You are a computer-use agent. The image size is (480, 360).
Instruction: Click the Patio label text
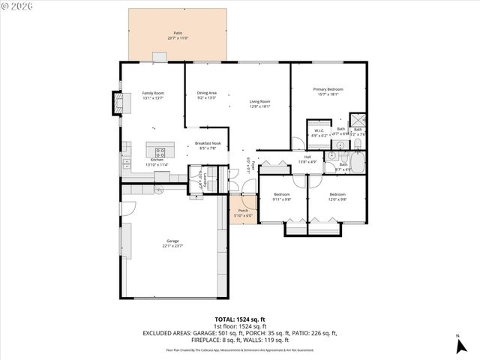(178, 34)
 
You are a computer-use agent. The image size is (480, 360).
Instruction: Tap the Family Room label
(153, 93)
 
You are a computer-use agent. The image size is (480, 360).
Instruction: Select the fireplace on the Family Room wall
(117, 102)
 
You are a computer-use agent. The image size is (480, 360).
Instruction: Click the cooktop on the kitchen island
(159, 151)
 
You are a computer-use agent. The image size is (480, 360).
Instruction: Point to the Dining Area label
(206, 93)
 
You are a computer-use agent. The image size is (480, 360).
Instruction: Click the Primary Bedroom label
(328, 89)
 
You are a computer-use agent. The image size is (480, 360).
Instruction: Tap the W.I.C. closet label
(318, 130)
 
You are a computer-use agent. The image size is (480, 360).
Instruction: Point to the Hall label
(307, 157)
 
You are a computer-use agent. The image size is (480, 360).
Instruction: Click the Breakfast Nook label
(207, 143)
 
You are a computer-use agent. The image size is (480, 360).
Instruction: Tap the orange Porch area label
(242, 211)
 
